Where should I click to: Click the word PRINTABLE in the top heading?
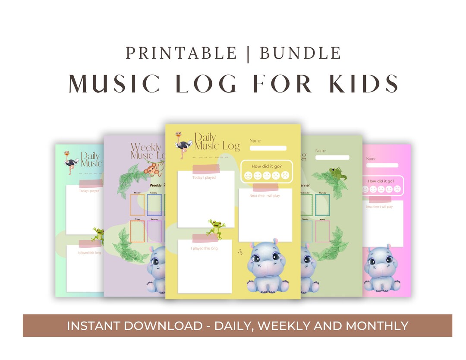[x=181, y=53]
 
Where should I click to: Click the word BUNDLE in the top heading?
[x=300, y=53]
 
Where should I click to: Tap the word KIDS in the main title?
[x=364, y=83]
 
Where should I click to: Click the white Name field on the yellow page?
[x=268, y=148]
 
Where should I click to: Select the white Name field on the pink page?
[x=382, y=165]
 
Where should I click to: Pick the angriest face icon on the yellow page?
[x=285, y=175]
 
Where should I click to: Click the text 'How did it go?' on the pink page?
[x=382, y=181]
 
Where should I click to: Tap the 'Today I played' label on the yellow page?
[x=204, y=177]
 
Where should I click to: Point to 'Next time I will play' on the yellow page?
[x=264, y=196]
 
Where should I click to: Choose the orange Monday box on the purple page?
[x=137, y=205]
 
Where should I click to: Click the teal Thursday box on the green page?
[x=322, y=205]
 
